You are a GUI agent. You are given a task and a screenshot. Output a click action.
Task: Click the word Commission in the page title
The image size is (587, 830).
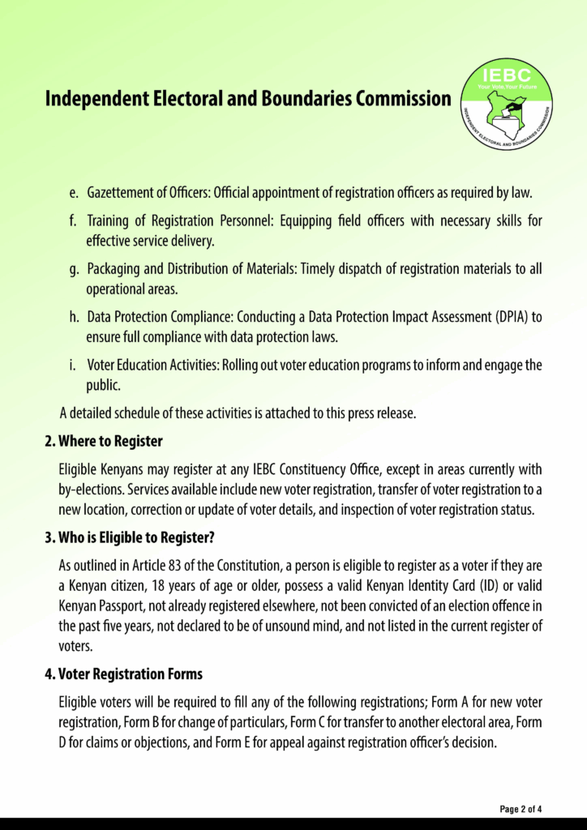pyautogui.click(x=402, y=99)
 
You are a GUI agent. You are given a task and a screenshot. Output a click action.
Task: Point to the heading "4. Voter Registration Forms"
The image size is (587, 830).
pyautogui.click(x=123, y=674)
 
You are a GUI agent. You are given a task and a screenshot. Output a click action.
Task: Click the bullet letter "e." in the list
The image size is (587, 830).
pyautogui.click(x=73, y=195)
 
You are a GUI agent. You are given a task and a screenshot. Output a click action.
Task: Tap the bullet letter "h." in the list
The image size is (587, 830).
pyautogui.click(x=73, y=316)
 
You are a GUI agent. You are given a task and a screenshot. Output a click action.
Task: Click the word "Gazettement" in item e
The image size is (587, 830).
pyautogui.click(x=124, y=195)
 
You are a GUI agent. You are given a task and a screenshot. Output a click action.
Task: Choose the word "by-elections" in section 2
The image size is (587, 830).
pyautogui.click(x=91, y=490)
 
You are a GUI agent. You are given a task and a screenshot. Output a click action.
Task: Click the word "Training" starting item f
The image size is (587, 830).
pyautogui.click(x=109, y=220)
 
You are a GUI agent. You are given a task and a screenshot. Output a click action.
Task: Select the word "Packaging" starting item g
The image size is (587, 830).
pyautogui.click(x=114, y=268)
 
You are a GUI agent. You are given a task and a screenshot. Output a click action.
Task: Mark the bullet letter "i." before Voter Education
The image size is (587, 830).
pyautogui.click(x=73, y=365)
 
